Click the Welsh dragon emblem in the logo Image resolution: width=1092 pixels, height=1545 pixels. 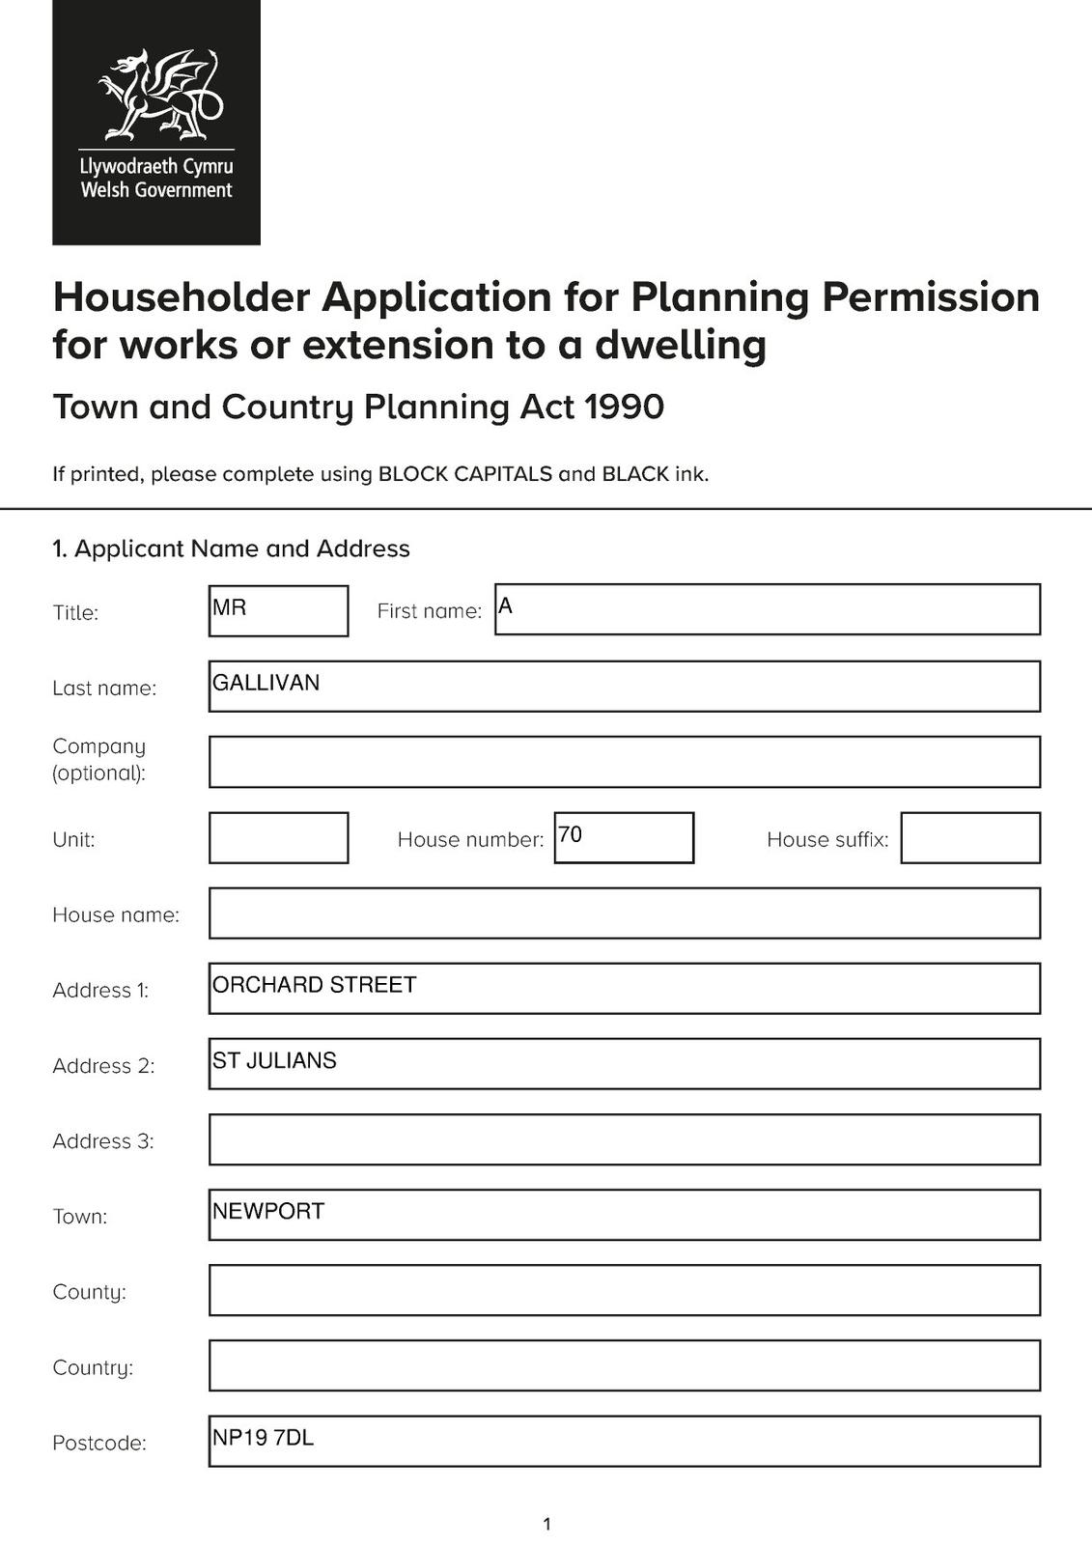click(x=160, y=95)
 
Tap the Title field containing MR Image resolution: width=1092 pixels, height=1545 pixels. click(x=278, y=610)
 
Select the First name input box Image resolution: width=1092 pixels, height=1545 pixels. click(x=768, y=609)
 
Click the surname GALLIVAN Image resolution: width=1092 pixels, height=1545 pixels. click(x=266, y=683)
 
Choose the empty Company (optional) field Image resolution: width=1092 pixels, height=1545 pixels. click(x=625, y=762)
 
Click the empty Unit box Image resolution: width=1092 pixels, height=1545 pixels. click(x=278, y=837)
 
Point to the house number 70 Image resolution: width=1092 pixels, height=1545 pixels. click(x=571, y=834)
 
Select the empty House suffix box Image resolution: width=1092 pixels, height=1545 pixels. click(x=970, y=837)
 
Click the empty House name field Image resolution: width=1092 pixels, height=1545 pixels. click(x=625, y=913)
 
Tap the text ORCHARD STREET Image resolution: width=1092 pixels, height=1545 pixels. click(x=315, y=985)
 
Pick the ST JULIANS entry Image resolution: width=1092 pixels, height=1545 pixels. click(x=275, y=1060)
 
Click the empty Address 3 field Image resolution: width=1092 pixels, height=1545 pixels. click(x=625, y=1139)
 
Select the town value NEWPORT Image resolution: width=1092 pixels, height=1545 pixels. click(x=268, y=1211)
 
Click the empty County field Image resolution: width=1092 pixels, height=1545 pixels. click(x=625, y=1290)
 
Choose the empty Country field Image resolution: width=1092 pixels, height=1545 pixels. click(x=625, y=1365)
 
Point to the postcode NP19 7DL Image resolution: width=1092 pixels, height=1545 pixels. click(x=264, y=1438)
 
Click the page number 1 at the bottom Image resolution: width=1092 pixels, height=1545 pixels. click(x=547, y=1525)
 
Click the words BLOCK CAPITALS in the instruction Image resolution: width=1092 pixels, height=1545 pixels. click(x=465, y=474)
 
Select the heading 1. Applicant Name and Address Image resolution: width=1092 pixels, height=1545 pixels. click(x=232, y=548)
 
